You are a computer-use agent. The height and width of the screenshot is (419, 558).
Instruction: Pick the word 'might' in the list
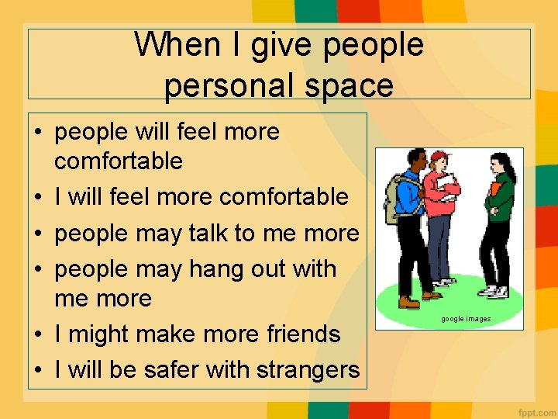(100, 334)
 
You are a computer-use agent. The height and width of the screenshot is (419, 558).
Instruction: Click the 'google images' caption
(466, 319)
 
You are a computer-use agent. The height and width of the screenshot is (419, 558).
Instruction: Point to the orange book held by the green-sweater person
(493, 189)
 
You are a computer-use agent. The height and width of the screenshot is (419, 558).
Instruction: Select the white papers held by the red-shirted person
(445, 183)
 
